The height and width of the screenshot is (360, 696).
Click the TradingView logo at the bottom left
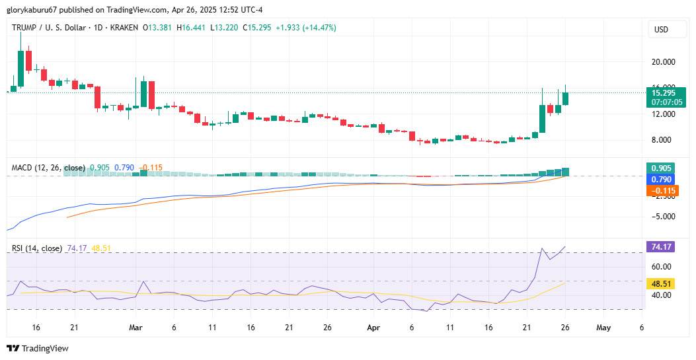(x=38, y=348)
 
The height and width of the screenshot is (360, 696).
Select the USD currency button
(x=661, y=30)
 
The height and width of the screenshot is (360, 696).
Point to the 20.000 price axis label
(x=664, y=61)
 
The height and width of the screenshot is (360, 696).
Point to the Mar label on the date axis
(x=135, y=327)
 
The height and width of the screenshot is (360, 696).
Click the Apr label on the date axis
(x=373, y=327)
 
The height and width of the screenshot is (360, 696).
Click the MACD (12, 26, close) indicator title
(x=48, y=168)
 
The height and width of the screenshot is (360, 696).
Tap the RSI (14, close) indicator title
(x=37, y=248)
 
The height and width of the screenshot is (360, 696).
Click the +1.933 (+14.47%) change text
(x=306, y=28)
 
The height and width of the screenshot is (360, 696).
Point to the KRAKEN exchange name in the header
(x=124, y=28)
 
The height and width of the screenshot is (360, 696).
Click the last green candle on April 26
(x=565, y=98)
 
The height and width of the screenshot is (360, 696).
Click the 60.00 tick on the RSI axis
(x=661, y=267)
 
